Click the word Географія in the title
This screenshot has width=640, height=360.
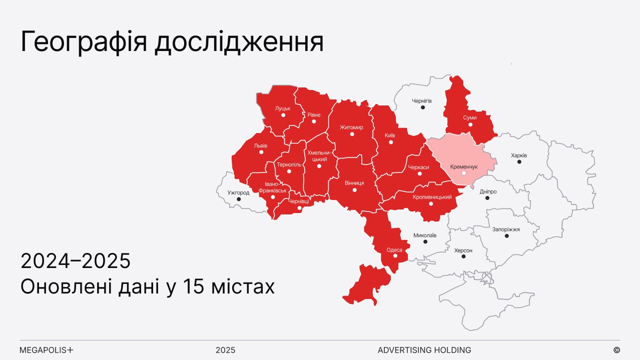pyautogui.click(x=84, y=42)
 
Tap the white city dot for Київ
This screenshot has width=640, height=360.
pyautogui.click(x=391, y=142)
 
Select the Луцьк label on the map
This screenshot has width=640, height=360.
pyautogui.click(x=283, y=108)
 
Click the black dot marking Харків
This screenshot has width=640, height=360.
pyautogui.click(x=519, y=162)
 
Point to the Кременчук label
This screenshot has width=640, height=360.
pyautogui.click(x=464, y=166)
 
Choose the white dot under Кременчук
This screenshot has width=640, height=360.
pyautogui.click(x=464, y=173)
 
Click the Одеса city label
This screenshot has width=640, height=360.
pyautogui.click(x=394, y=249)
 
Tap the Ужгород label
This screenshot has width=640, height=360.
pyautogui.click(x=238, y=192)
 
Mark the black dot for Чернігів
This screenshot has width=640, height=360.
pyautogui.click(x=423, y=107)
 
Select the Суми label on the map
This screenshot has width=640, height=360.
pyautogui.click(x=470, y=117)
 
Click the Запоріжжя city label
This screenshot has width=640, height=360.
pyautogui.click(x=506, y=229)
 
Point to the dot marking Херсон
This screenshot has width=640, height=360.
pyautogui.click(x=463, y=256)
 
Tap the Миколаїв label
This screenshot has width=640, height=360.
pyautogui.click(x=425, y=235)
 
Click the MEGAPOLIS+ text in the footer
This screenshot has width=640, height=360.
pyautogui.click(x=47, y=350)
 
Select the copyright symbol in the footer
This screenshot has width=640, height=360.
pyautogui.click(x=616, y=350)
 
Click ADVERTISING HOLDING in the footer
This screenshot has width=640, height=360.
pyautogui.click(x=424, y=350)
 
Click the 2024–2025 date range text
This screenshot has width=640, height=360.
pyautogui.click(x=76, y=261)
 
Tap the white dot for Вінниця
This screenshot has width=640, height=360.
pyautogui.click(x=354, y=190)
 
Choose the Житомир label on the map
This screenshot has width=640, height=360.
pyautogui.click(x=351, y=127)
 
